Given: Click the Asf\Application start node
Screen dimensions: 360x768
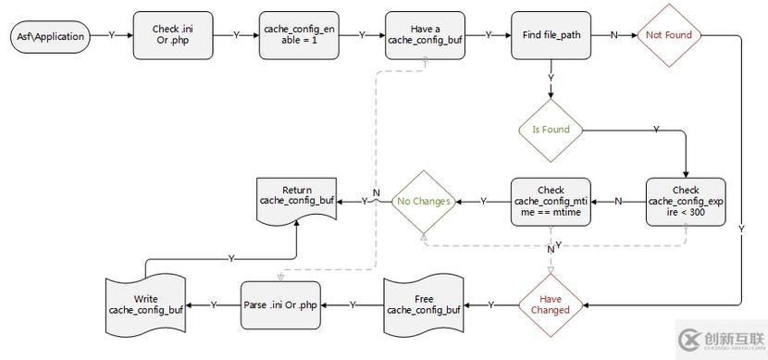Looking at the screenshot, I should [x=50, y=36].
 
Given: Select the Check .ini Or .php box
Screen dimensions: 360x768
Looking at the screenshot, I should [x=172, y=35].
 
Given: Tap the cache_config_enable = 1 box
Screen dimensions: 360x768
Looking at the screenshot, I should [x=299, y=35].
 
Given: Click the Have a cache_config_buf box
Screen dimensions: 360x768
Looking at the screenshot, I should [x=425, y=35].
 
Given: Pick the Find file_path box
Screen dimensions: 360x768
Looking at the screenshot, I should [x=551, y=35].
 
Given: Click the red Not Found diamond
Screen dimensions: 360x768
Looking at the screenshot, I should [x=669, y=35].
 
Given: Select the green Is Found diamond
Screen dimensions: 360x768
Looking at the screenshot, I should [x=551, y=130].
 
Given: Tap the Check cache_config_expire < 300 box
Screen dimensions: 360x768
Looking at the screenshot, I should [x=686, y=201].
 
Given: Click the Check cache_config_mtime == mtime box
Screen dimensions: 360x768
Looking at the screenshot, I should [x=551, y=201].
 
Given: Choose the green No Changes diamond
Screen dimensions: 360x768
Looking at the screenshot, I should [x=423, y=201].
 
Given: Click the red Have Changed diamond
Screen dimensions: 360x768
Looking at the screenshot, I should [x=551, y=304].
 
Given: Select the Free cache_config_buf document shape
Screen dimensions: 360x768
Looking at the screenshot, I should [x=423, y=304].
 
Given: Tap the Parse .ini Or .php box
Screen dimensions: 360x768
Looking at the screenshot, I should [x=281, y=304].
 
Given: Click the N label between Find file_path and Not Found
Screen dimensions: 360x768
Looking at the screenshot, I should [x=613, y=35].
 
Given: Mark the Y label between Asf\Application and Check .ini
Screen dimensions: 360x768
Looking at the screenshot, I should [x=112, y=35].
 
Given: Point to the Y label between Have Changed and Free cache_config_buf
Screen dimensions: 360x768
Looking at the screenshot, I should [x=490, y=304].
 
